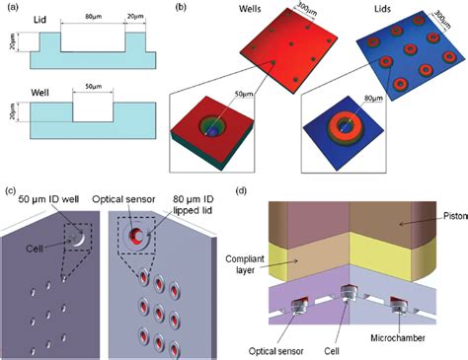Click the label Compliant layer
[273, 266]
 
